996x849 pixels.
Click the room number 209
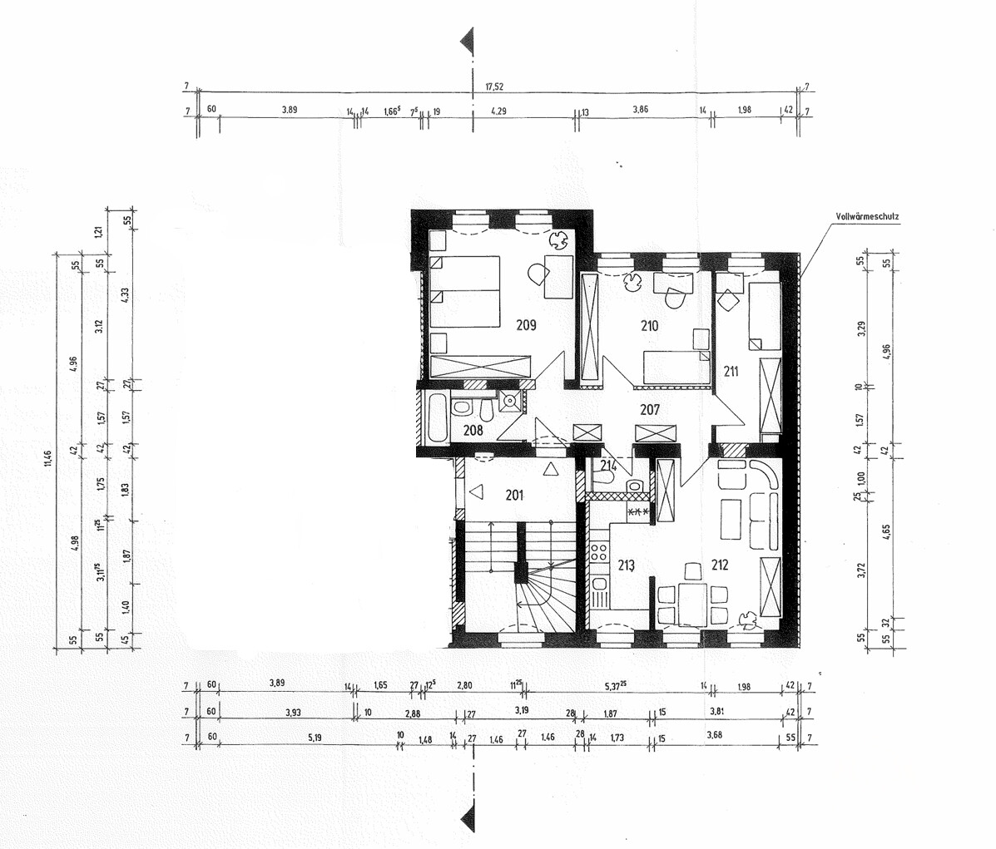(525, 325)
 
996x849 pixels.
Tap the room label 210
(649, 325)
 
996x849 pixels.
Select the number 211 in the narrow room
(731, 372)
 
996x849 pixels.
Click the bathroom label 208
(473, 430)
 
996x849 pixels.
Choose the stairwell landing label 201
(515, 496)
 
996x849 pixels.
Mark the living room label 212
(720, 565)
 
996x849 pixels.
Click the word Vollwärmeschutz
(868, 217)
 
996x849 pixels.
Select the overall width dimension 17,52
(494, 85)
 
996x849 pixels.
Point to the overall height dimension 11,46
(48, 459)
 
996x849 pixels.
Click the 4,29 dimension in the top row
(498, 110)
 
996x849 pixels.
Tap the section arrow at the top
(468, 38)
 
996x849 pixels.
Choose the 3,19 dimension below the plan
(522, 711)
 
